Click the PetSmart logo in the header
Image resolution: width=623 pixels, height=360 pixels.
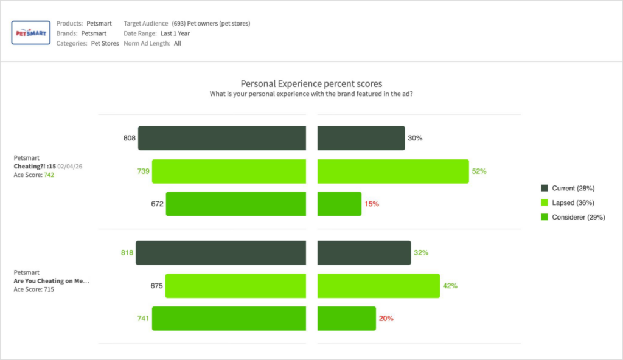30,33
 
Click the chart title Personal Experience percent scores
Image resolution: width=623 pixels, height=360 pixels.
311,84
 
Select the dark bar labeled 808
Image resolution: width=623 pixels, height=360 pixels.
222,138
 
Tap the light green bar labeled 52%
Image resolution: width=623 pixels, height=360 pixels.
393,171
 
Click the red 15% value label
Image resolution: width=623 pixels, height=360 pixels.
371,204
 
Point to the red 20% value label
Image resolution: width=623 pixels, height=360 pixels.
386,319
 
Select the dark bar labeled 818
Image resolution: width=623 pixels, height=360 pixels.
221,252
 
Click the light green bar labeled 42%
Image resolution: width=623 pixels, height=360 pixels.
378,286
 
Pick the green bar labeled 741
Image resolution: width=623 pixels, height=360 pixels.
229,319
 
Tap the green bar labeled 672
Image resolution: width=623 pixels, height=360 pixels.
236,204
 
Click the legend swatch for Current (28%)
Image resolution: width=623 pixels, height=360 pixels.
545,188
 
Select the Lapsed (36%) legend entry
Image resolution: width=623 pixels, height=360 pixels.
573,202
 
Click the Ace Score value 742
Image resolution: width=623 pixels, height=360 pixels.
50,175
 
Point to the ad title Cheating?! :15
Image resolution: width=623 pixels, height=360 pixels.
35,166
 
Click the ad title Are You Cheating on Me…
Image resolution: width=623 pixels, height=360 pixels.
51,282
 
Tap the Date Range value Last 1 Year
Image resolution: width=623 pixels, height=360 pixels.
175,33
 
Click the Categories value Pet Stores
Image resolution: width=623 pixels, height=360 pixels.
105,44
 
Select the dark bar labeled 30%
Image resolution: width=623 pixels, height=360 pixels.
361,138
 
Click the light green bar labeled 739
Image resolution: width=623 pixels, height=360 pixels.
229,171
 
